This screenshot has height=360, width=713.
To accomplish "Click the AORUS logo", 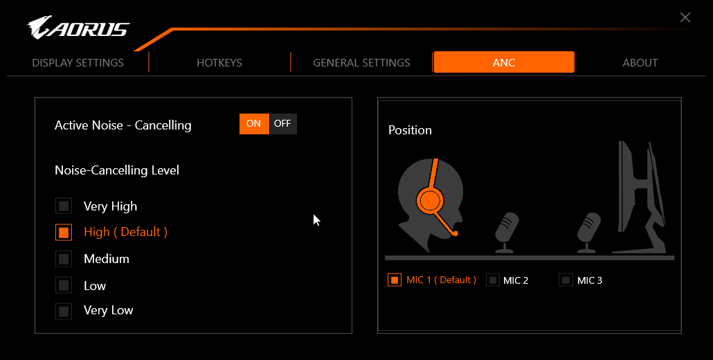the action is pyautogui.click(x=78, y=28).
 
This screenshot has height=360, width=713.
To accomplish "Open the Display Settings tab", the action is pyautogui.click(x=78, y=63).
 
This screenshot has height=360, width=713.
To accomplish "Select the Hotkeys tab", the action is pyautogui.click(x=219, y=63).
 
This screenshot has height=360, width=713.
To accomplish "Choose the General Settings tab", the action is pyautogui.click(x=361, y=63).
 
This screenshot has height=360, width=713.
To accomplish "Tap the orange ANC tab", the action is pyautogui.click(x=504, y=62).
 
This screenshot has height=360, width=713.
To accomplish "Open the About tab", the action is pyautogui.click(x=640, y=63).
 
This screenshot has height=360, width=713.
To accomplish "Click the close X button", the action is pyautogui.click(x=685, y=17).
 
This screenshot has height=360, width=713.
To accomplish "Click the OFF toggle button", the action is pyautogui.click(x=283, y=124).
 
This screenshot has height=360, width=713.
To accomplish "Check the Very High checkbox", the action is pyautogui.click(x=64, y=206).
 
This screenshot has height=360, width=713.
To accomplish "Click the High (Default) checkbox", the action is pyautogui.click(x=64, y=233).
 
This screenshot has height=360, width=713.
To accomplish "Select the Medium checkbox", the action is pyautogui.click(x=64, y=259).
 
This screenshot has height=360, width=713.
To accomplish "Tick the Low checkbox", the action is pyautogui.click(x=64, y=285).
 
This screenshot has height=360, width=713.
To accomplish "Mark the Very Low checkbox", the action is pyautogui.click(x=64, y=312).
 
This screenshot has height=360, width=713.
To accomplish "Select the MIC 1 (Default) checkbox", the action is pyautogui.click(x=395, y=280).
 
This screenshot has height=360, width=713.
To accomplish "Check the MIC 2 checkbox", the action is pyautogui.click(x=493, y=280).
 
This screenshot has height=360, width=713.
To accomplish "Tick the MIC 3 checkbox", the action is pyautogui.click(x=566, y=280).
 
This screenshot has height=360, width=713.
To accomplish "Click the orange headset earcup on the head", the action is pyautogui.click(x=430, y=201).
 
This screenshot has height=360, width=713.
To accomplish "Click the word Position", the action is pyautogui.click(x=410, y=130).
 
